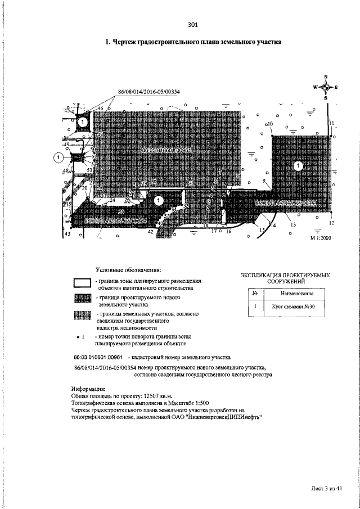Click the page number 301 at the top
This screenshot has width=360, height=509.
(193, 25)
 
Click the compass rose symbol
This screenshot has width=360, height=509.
(326, 87)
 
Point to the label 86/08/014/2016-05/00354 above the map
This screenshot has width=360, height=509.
(144, 92)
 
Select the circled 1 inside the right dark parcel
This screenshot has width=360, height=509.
(299, 165)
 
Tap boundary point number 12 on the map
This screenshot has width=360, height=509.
(332, 223)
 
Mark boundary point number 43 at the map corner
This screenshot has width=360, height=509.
(67, 233)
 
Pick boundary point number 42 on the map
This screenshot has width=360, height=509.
(150, 231)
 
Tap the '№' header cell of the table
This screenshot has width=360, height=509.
(255, 294)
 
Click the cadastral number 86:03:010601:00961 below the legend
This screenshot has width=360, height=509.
(98, 357)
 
